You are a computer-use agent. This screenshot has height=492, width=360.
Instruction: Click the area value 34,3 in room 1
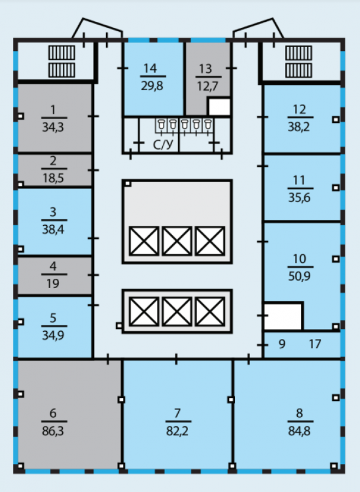[x=53, y=127]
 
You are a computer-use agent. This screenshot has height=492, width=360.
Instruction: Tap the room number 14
[x=150, y=68]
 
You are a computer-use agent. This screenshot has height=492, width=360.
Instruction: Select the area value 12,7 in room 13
[x=207, y=86]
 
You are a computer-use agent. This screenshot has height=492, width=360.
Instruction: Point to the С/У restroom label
[x=163, y=144]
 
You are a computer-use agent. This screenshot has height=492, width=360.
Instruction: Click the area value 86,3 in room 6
[x=53, y=431]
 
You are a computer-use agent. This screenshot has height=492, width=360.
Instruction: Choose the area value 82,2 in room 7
[x=177, y=431]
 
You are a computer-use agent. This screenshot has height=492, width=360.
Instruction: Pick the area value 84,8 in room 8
[x=299, y=431]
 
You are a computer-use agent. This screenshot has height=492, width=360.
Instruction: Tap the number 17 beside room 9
[x=315, y=344]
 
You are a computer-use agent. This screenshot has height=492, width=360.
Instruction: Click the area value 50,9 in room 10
[x=299, y=276]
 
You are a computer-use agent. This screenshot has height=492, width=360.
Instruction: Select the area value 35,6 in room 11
[x=299, y=198]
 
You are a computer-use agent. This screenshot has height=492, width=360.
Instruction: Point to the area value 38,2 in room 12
[x=299, y=127]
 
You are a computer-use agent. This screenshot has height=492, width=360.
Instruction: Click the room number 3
[x=53, y=212]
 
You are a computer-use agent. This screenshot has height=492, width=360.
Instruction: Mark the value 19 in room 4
[x=53, y=284]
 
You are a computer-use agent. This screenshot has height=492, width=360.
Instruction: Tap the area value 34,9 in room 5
[x=53, y=335]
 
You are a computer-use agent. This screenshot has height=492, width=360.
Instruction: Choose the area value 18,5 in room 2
[x=53, y=178]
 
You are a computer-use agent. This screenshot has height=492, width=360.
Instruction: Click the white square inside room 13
[x=220, y=107]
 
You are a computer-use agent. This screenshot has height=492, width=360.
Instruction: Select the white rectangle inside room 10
[x=283, y=317]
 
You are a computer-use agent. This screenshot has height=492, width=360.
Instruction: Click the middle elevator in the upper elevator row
[x=177, y=241]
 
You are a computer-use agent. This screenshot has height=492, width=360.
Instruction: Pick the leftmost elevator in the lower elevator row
[x=144, y=312]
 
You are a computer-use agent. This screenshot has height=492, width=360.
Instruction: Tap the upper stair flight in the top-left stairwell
[x=62, y=52]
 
